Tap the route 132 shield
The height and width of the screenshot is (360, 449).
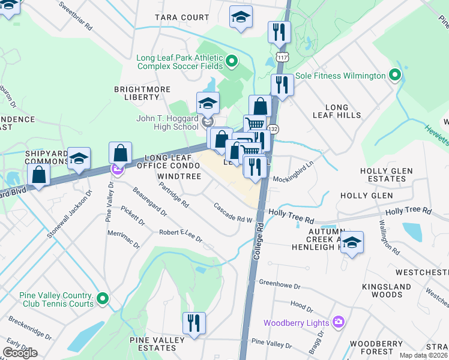point(273,129)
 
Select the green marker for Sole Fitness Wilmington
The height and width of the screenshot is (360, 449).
point(394,76)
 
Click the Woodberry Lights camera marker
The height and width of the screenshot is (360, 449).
point(339,323)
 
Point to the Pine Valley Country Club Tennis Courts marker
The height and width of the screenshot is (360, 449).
point(103,298)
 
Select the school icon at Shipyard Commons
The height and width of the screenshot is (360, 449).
point(79,158)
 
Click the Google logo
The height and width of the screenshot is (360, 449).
point(20,353)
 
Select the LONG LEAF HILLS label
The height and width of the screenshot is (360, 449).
point(337,110)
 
